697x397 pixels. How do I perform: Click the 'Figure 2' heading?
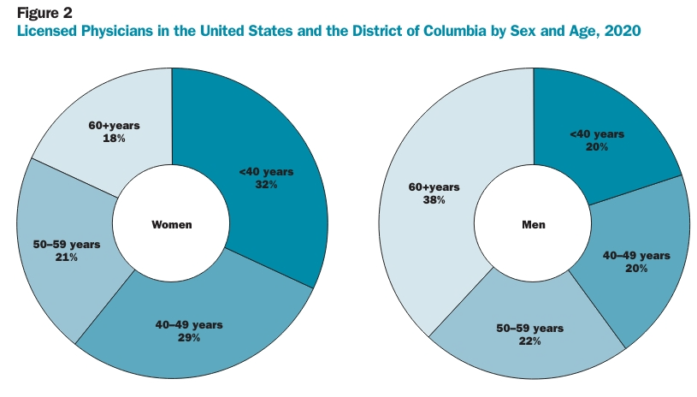click(44, 13)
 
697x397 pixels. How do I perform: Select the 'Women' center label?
click(172, 224)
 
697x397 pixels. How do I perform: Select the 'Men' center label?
click(534, 224)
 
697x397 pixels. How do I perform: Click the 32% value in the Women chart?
click(266, 185)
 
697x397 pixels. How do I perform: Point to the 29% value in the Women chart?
click(189, 338)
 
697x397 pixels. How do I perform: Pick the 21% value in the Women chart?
click(67, 258)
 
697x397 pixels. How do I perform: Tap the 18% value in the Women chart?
click(115, 139)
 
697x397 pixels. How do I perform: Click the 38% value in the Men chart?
click(434, 200)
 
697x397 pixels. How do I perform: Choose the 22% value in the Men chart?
click(530, 341)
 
